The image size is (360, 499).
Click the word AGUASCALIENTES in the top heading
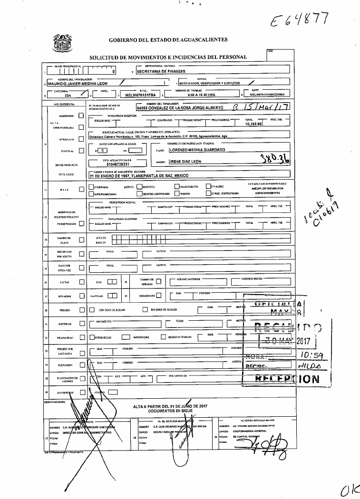(x=198, y=39)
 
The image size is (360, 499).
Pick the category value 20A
(x=68, y=95)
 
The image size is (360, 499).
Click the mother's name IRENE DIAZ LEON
(x=185, y=162)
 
